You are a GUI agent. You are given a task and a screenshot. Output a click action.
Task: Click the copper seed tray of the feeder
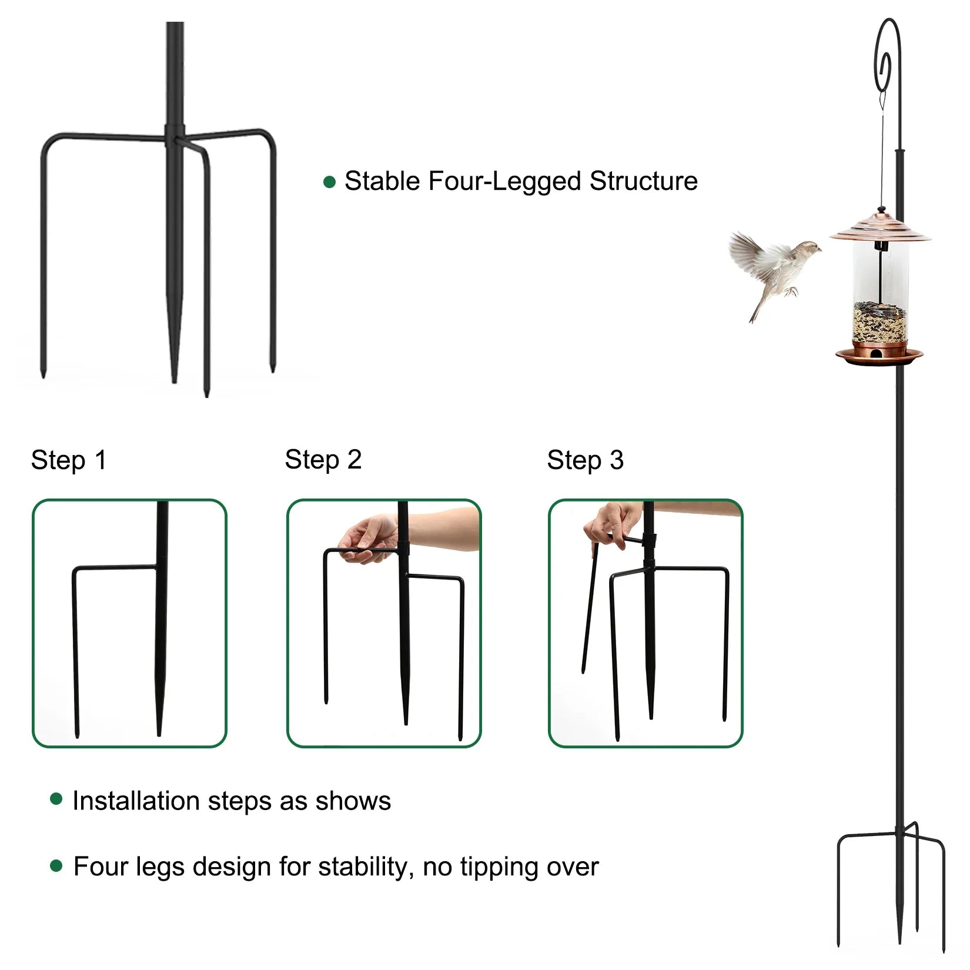tap(879, 355)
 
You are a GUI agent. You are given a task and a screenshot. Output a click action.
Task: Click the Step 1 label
tap(69, 460)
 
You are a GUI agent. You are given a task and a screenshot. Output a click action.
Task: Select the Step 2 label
tap(323, 460)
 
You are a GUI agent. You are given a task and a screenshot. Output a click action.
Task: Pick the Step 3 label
tap(585, 460)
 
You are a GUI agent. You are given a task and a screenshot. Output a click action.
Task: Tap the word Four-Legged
tap(505, 182)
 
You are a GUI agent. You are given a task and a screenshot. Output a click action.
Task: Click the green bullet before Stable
tap(330, 182)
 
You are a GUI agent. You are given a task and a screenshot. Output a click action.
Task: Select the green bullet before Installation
tap(56, 799)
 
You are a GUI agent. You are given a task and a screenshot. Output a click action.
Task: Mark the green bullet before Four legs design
tap(56, 866)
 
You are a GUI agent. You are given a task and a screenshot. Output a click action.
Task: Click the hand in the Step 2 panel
tap(367, 538)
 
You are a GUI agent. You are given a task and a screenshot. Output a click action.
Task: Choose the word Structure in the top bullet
tap(644, 181)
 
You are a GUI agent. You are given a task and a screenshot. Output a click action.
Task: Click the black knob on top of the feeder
tap(881, 209)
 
